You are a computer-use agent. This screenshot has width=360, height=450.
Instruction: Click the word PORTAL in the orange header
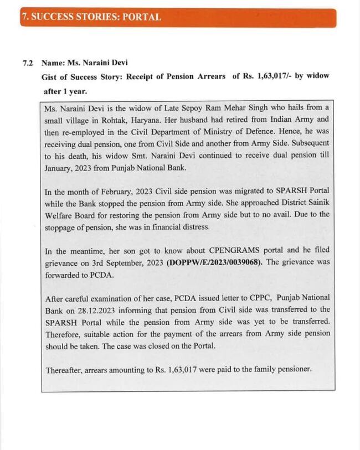[143, 17]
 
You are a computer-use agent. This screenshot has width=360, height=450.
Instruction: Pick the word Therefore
[64, 333]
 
